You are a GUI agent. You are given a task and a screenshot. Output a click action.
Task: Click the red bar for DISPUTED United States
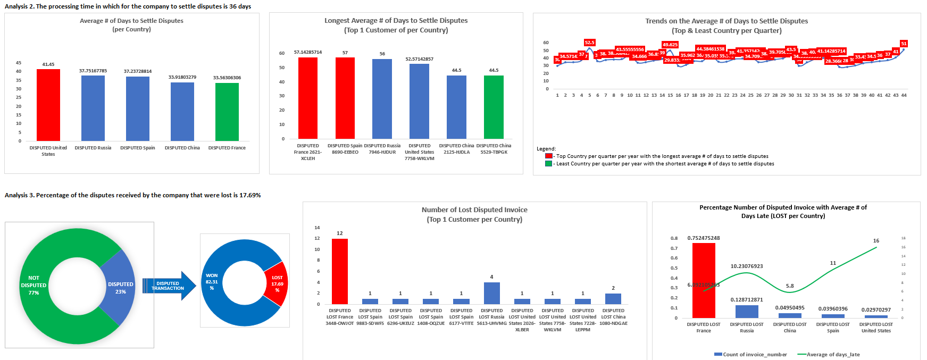(48, 105)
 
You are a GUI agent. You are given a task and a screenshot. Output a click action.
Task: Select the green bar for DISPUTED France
(227, 112)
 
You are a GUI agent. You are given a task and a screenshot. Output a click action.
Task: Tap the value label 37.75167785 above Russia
(93, 71)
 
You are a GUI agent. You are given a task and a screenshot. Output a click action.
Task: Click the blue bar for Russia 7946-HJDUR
(382, 98)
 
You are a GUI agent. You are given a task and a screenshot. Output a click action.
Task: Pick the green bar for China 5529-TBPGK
(494, 107)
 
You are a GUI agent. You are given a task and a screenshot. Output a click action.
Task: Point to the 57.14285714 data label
(308, 52)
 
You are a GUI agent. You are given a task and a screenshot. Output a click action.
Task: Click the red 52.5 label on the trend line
(589, 43)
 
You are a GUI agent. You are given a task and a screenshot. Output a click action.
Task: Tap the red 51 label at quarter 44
(904, 44)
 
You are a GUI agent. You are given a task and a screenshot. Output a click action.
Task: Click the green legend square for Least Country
(548, 164)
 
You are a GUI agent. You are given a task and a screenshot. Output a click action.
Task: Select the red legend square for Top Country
(548, 156)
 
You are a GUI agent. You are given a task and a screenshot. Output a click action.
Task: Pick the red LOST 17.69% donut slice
(277, 283)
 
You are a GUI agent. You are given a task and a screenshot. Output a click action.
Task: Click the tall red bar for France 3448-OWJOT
(340, 271)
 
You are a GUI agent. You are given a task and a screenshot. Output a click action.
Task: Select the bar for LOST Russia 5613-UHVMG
(491, 293)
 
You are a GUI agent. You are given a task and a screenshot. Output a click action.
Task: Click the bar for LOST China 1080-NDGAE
(613, 298)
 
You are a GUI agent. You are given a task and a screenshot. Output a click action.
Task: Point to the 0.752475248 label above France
(703, 238)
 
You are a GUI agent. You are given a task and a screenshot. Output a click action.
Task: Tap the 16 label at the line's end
(876, 241)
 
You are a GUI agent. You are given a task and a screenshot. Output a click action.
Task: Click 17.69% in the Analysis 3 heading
(250, 195)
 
